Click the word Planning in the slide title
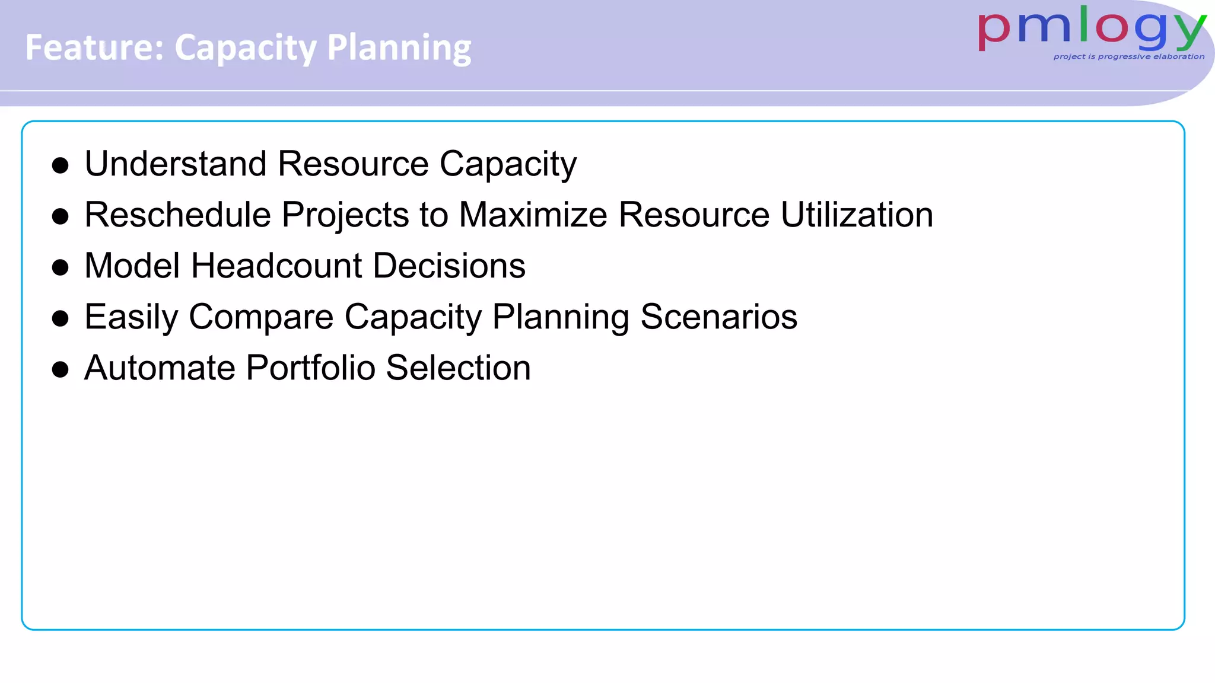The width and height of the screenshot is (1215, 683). point(399,49)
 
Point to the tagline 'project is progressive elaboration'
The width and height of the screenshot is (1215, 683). point(1128,57)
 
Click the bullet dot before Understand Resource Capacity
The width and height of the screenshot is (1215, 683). point(60,165)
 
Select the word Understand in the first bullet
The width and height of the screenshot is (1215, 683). point(175,164)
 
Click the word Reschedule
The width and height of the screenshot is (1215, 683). point(177,215)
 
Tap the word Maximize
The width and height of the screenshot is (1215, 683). point(533,215)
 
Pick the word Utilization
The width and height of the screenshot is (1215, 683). point(857,215)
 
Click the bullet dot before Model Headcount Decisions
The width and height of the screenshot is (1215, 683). point(60,267)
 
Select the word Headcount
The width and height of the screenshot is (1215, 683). point(276,266)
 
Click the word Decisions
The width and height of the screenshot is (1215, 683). point(449,266)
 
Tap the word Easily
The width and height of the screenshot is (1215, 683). point(131,318)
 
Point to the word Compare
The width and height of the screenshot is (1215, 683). point(261,318)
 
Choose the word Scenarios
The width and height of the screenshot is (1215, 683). point(718,317)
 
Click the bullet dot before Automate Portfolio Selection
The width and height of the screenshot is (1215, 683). point(60,370)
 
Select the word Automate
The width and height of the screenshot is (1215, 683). point(160,368)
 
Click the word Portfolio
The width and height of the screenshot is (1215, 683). point(310,368)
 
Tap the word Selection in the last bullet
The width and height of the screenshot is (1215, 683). point(458,368)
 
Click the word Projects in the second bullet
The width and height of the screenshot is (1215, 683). point(345,216)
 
